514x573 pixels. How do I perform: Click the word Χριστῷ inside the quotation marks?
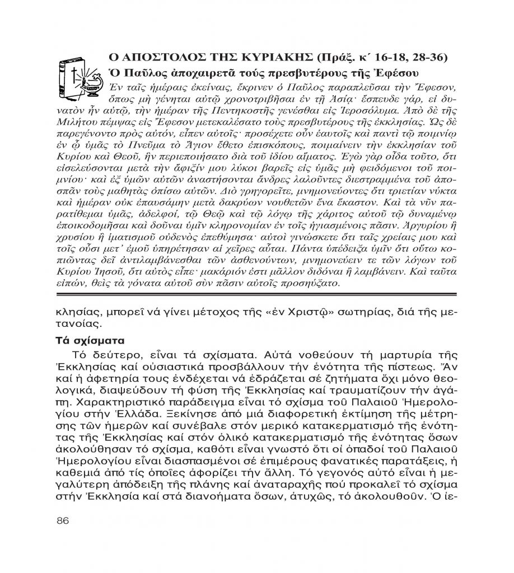[273, 312]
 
